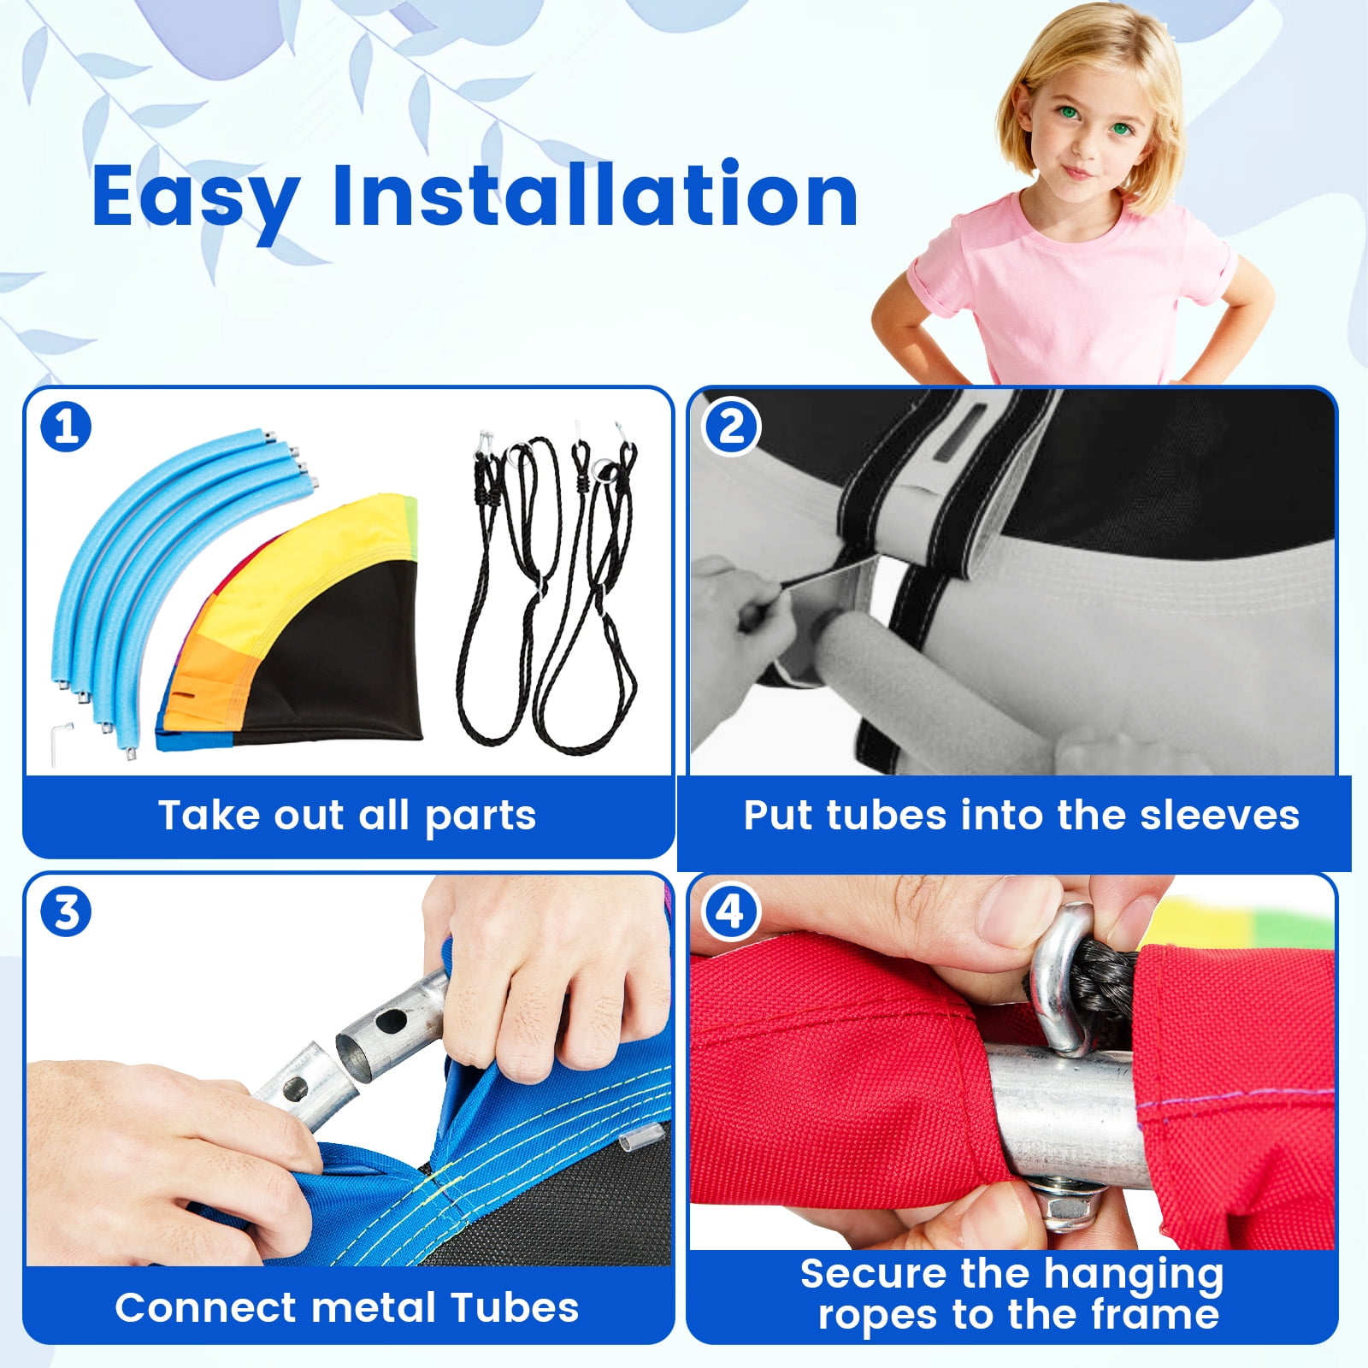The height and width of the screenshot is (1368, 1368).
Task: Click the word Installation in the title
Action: pyautogui.click(x=595, y=194)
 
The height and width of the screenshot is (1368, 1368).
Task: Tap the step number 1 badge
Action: pyautogui.click(x=66, y=426)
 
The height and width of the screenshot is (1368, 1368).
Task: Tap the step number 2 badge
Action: pyautogui.click(x=730, y=425)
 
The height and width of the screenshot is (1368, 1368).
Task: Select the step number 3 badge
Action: pyautogui.click(x=66, y=911)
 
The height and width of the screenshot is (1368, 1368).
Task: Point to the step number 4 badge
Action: pyautogui.click(x=729, y=911)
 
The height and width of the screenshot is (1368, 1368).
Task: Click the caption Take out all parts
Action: pyautogui.click(x=347, y=816)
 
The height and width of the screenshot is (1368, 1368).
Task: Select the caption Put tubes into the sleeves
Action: pyautogui.click(x=1021, y=816)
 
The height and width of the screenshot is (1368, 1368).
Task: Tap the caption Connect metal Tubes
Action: pyautogui.click(x=347, y=1307)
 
